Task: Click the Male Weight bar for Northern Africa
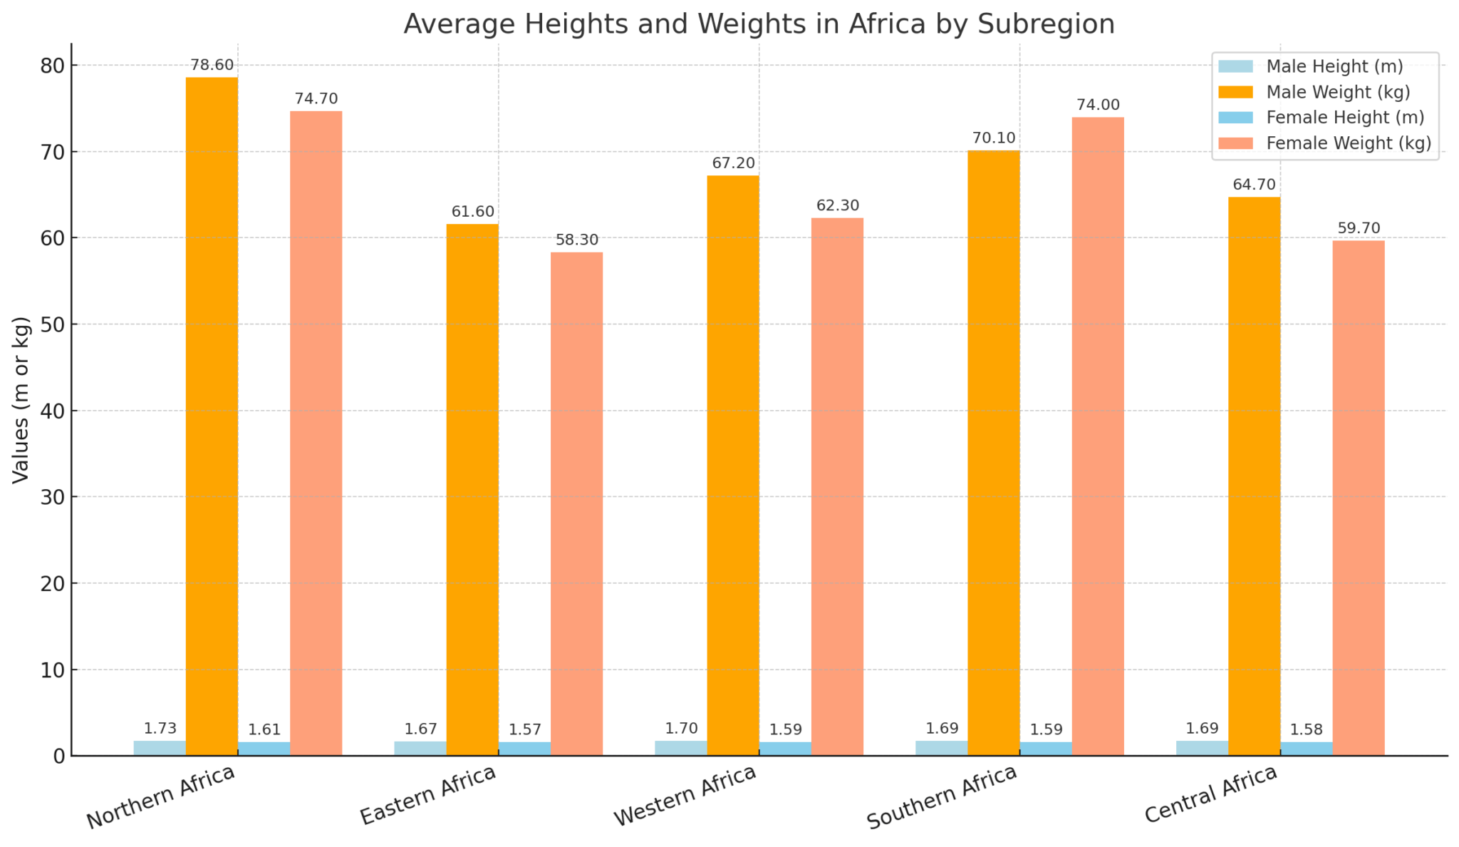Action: pos(212,416)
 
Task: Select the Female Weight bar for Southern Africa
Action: pos(1098,436)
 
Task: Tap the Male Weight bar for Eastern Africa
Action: pos(472,490)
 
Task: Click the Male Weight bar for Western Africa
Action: pos(733,466)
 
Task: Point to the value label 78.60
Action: pos(212,65)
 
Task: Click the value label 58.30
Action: pos(577,240)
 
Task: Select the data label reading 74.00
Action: pos(1098,105)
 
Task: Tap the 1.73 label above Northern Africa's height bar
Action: pos(160,729)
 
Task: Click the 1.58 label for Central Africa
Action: pos(1307,730)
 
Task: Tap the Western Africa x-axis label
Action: pos(685,796)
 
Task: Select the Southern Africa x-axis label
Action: pos(943,797)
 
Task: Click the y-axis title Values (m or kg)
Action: pos(21,399)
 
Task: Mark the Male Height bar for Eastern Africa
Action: pos(420,749)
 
